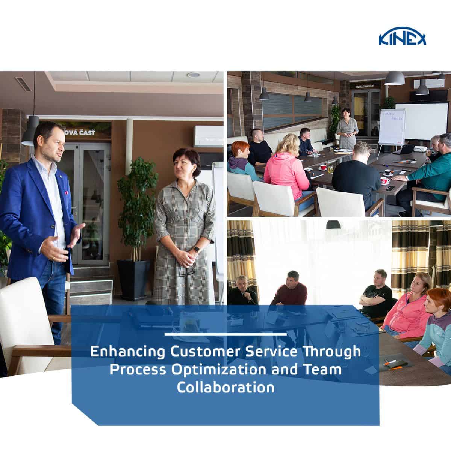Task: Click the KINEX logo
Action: (403, 38)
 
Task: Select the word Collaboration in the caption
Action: (225, 387)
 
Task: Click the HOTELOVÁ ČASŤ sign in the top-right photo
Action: (364, 86)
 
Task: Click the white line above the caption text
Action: (225, 334)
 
